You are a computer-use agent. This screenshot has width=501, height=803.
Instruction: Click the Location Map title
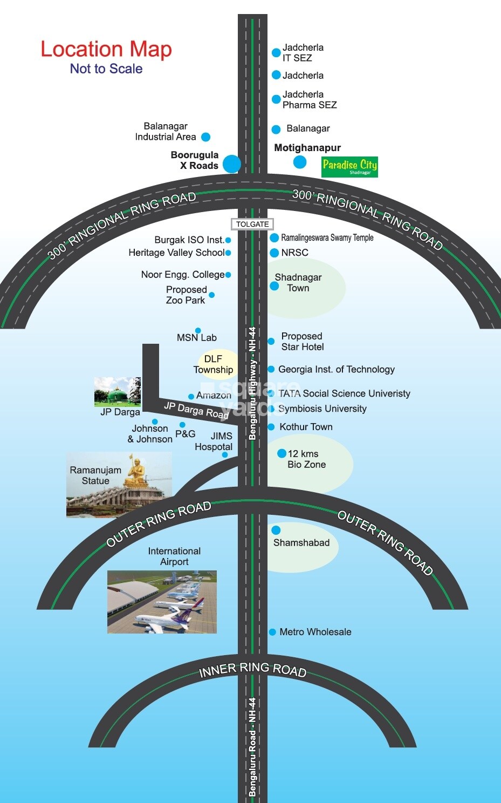106,49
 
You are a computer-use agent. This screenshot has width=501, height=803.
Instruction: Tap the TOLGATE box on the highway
252,224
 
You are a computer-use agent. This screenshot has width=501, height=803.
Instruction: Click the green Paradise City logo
349,166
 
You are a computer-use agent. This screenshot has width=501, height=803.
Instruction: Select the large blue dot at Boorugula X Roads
232,164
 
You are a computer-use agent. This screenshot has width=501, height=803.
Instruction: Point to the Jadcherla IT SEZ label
303,53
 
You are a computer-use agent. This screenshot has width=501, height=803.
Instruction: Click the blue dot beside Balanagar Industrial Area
205,137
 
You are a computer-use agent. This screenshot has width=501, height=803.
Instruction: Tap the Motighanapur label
307,148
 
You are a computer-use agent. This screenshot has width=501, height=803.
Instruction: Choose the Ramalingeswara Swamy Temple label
327,237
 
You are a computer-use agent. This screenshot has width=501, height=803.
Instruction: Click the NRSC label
294,253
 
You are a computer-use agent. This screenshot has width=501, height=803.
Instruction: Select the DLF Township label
214,364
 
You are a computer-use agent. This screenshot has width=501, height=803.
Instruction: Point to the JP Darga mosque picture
117,392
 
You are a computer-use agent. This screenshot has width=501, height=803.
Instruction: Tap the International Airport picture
162,602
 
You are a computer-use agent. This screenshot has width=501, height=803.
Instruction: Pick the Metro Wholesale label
315,632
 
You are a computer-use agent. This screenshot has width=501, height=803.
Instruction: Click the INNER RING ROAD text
252,670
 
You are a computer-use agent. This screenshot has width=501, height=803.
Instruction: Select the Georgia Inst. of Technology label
337,370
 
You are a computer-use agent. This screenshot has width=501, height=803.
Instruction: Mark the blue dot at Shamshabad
276,530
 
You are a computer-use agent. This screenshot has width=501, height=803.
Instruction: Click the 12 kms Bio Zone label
306,459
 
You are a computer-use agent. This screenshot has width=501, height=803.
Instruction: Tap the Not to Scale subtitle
106,69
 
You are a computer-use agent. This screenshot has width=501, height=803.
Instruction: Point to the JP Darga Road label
196,410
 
